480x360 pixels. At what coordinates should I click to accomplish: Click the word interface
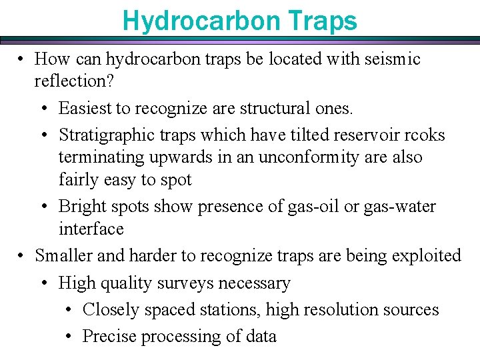(91, 229)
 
